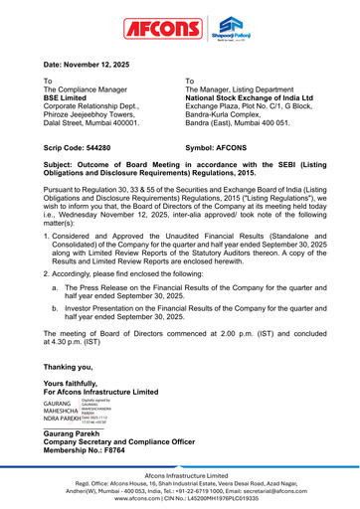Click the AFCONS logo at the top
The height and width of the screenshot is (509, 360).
click(x=160, y=28)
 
